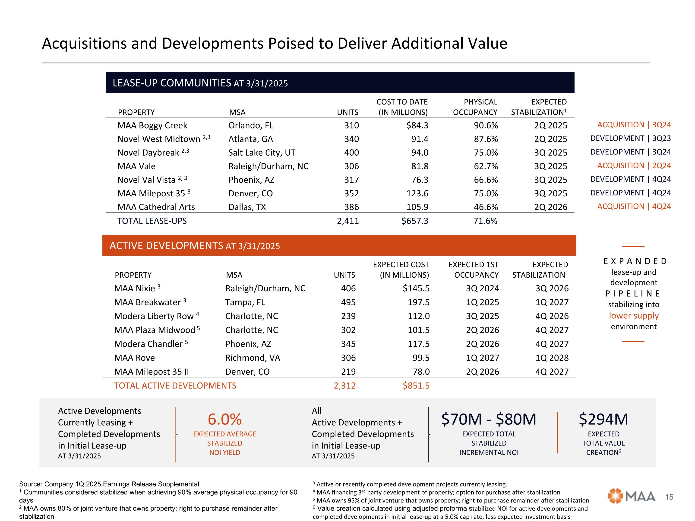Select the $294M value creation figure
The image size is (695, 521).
click(603, 419)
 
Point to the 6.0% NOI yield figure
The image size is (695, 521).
click(225, 419)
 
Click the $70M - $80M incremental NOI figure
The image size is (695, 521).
click(489, 419)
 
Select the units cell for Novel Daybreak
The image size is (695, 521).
click(351, 153)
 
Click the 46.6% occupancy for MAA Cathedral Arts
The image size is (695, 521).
click(486, 207)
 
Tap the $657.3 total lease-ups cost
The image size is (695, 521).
click(415, 221)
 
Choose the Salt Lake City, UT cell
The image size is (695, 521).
click(262, 153)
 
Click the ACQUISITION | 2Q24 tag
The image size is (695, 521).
click(634, 166)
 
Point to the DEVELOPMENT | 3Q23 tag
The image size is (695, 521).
click(630, 138)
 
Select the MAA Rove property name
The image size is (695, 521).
click(134, 358)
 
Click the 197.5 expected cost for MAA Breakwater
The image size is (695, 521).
click(419, 302)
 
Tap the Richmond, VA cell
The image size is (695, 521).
click(253, 358)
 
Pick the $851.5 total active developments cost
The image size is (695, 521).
click(416, 386)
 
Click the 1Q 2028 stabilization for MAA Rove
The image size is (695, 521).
click(552, 358)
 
